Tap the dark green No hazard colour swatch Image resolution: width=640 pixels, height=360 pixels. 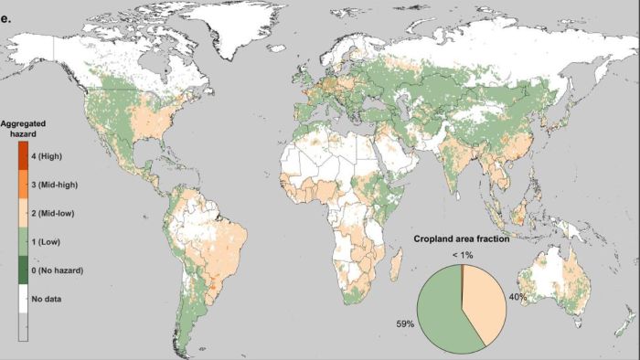click(x=24, y=270)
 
